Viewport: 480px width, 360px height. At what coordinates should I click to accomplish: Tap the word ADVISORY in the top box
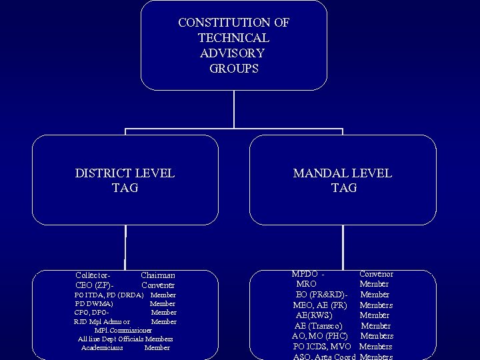[x=232, y=53]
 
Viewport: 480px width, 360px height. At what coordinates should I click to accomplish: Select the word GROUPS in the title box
[x=233, y=68]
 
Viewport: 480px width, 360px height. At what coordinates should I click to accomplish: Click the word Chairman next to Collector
[x=158, y=275]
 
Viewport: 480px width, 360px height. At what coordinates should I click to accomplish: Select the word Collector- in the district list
[x=93, y=275]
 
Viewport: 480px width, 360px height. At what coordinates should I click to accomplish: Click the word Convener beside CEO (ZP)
[x=158, y=285]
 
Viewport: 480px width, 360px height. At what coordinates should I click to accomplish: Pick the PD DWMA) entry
[x=94, y=303]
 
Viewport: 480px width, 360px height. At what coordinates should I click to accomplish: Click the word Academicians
[x=103, y=347]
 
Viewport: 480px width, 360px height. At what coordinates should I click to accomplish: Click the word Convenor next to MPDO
[x=376, y=274]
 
